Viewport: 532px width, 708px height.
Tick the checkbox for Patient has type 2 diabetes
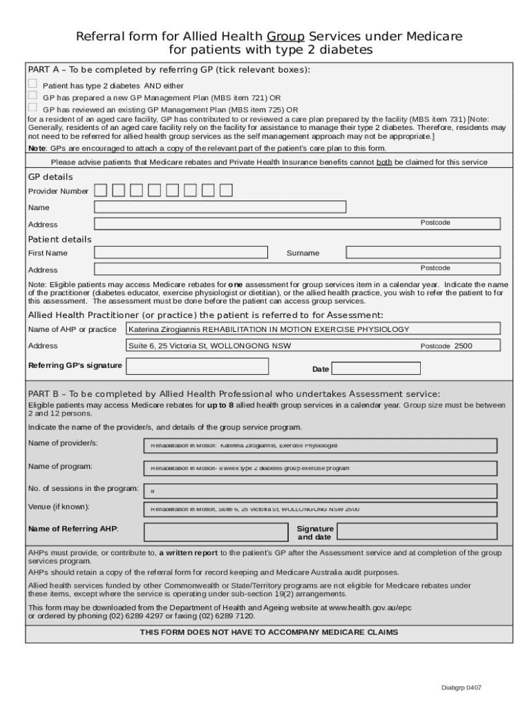(32, 84)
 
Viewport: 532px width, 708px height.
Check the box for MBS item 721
(32, 95)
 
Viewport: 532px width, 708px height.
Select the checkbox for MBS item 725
(32, 107)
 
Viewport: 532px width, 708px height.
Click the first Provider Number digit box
(101, 190)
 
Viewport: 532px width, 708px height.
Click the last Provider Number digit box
(226, 190)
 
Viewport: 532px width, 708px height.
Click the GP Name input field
(220, 207)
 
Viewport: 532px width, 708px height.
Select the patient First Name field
(180, 252)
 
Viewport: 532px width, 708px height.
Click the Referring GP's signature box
(198, 366)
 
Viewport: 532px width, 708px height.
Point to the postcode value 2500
(463, 346)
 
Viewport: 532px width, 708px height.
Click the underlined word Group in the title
(286, 36)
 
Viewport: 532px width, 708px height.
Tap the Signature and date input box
(417, 531)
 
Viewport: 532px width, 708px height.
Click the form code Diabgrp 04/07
(462, 688)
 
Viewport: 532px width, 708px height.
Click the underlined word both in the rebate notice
(384, 162)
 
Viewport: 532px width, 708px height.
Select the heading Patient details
(59, 239)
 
